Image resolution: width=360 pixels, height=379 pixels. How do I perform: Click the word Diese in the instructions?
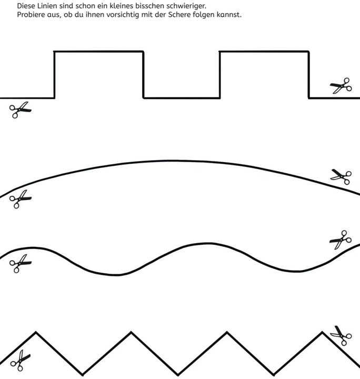point(26,6)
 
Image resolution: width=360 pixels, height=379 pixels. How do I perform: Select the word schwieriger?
point(186,6)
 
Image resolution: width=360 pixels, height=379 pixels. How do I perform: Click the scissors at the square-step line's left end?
point(21,109)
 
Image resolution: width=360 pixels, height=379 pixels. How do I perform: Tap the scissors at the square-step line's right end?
point(341,86)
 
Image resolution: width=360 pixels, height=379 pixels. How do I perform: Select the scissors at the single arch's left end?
point(21,199)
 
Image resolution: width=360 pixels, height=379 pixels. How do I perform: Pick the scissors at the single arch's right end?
point(341,177)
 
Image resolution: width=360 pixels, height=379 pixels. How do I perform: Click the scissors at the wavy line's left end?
point(21,264)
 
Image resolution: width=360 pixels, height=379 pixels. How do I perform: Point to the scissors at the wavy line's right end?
point(341,240)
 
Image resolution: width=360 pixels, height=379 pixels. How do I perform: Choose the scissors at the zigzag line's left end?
point(21,361)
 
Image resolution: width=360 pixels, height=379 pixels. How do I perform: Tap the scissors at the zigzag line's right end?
point(341,335)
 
